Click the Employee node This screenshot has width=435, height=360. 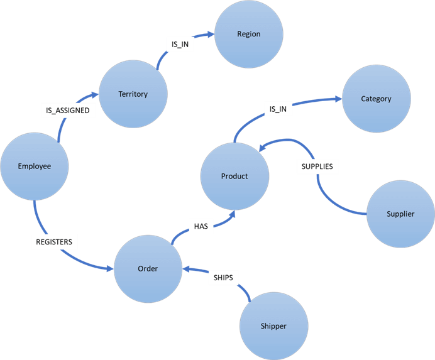tap(34, 166)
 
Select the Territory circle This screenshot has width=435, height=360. tap(133, 94)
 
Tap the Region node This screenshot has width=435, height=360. tap(248, 34)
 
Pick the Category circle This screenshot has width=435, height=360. tap(376, 99)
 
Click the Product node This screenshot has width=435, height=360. tap(234, 176)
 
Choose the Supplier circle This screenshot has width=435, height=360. tap(400, 214)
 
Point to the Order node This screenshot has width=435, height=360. tap(148, 269)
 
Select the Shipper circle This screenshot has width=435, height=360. tap(273, 326)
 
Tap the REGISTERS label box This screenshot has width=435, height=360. tap(53, 241)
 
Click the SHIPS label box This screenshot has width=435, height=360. tap(223, 277)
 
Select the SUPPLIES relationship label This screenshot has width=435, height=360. tap(317, 166)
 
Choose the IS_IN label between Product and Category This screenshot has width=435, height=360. tap(278, 109)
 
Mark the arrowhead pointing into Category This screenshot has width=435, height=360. tap(338, 99)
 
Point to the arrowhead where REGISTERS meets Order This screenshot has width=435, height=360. tap(109, 270)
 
